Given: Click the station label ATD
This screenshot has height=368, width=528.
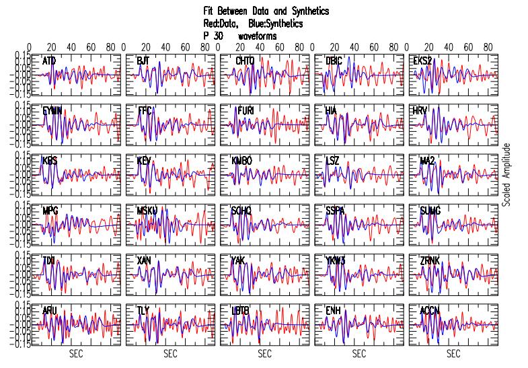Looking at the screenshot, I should pos(49,61).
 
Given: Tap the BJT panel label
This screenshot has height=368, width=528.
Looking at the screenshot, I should pos(143,61).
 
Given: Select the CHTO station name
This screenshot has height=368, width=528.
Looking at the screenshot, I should pos(243,61).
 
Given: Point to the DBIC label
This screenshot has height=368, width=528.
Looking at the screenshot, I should pos(334,61).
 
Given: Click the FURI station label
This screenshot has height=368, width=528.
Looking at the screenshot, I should pos(245,110).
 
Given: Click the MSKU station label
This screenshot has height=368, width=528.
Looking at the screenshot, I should pos(147,211).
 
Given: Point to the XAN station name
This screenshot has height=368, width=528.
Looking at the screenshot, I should pos(144,261).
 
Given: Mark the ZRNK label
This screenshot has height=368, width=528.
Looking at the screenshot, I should pos(429,261).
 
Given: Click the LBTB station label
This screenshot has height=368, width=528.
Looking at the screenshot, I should pos(241,311).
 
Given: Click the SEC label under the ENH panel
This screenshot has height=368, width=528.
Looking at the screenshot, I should pos(359,354).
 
